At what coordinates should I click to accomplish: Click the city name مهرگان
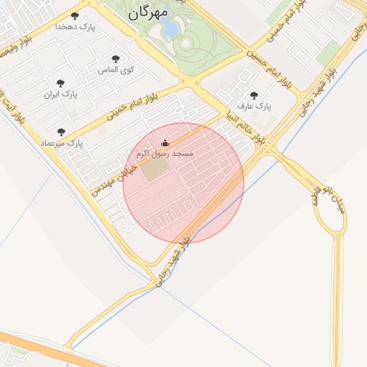point(148,12)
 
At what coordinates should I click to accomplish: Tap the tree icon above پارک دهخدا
point(75,15)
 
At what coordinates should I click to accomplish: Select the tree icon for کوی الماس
point(116,59)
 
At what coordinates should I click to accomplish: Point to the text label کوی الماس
point(116,70)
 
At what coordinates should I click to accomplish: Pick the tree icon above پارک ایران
point(60,83)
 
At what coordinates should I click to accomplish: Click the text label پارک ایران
point(60,95)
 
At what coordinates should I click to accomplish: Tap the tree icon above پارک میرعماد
point(61,132)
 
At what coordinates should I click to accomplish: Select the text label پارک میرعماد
point(61,143)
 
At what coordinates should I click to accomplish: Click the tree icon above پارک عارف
point(254,95)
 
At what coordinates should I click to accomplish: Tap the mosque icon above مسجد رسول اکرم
point(166,143)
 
